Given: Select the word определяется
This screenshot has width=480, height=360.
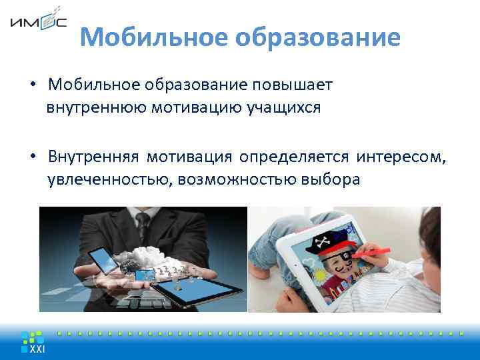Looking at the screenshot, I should pyautogui.click(x=294, y=157).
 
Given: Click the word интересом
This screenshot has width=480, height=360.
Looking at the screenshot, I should pyautogui.click(x=401, y=157).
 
